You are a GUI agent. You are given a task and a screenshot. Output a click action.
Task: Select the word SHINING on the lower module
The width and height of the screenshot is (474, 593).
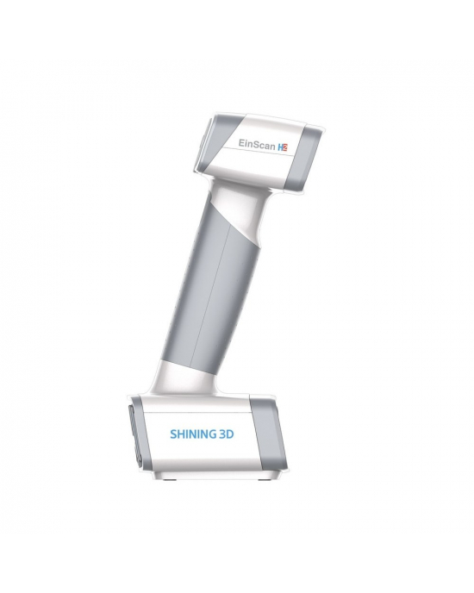coord(189,435)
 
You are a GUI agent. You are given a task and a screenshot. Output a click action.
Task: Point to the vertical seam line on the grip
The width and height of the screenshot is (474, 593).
coord(221,293)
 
